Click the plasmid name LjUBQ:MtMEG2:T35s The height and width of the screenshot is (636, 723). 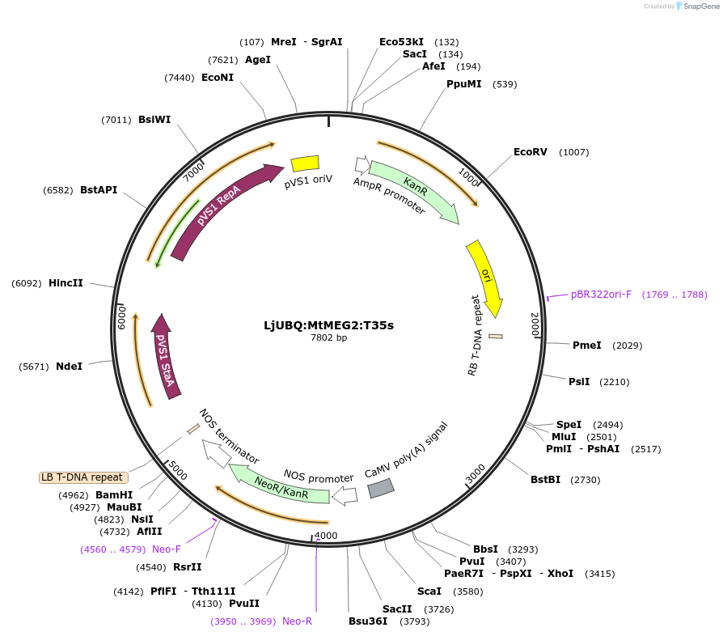[x=328, y=325]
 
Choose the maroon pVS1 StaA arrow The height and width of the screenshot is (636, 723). [x=164, y=354]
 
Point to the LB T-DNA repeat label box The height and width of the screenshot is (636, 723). [x=82, y=477]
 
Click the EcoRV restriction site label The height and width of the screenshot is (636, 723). [x=531, y=152]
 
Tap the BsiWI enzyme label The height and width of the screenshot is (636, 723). [x=154, y=120]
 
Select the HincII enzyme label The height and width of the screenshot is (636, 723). [x=66, y=283]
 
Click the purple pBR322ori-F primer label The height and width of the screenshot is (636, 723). [x=601, y=295]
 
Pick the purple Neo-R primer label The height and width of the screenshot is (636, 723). [x=297, y=621]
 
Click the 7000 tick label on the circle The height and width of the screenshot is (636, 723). [x=194, y=171]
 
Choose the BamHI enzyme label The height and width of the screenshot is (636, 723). [x=114, y=495]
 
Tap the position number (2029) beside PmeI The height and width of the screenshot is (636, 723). [x=628, y=346]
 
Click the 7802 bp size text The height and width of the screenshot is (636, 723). [x=328, y=338]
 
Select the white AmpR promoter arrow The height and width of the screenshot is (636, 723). [x=361, y=164]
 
